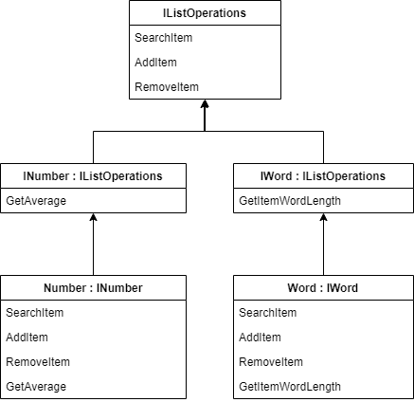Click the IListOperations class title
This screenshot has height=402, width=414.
pyautogui.click(x=205, y=13)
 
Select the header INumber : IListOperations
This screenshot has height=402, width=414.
pyautogui.click(x=92, y=176)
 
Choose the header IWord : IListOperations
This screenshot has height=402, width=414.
pyautogui.click(x=323, y=176)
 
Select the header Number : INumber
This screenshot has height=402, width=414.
pyautogui.click(x=92, y=288)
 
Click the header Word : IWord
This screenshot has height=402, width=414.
pyautogui.click(x=323, y=288)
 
